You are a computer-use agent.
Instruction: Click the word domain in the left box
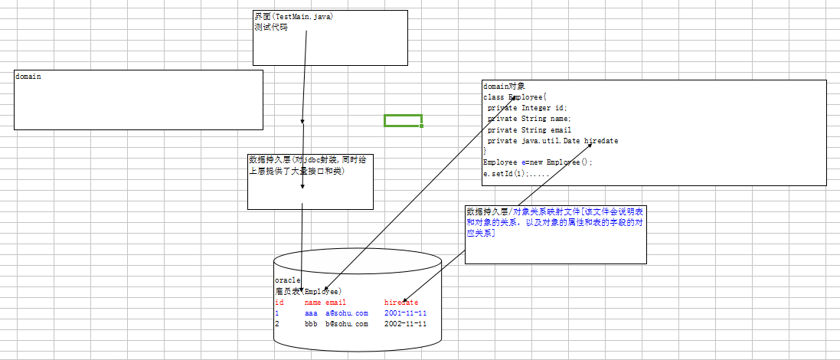point(28,77)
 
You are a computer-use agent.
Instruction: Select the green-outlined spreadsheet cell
point(403,120)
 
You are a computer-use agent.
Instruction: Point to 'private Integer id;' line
point(527,108)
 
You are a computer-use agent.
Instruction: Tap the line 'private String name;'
point(528,119)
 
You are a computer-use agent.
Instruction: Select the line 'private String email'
point(528,130)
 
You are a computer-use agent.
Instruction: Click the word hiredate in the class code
point(601,141)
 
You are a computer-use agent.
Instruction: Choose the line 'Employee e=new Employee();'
point(538,162)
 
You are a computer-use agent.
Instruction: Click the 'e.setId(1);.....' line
point(516,174)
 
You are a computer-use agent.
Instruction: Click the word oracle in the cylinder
point(287,280)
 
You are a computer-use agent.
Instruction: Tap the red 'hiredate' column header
point(401,303)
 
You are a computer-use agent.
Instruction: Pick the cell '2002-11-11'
point(405,324)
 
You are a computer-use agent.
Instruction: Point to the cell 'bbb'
point(311,324)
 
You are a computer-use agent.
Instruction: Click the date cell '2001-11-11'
point(405,313)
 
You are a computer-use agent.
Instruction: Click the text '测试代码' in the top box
point(271,27)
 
